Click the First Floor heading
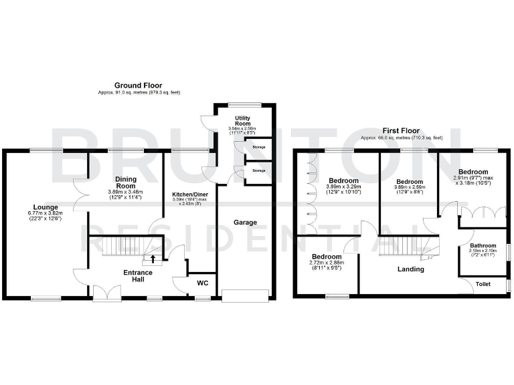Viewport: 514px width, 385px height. tap(402, 130)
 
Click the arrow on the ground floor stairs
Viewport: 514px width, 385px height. tap(153, 258)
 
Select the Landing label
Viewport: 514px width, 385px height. tap(410, 269)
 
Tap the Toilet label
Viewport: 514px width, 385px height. tap(482, 284)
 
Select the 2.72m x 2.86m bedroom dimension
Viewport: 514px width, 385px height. tap(327, 263)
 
